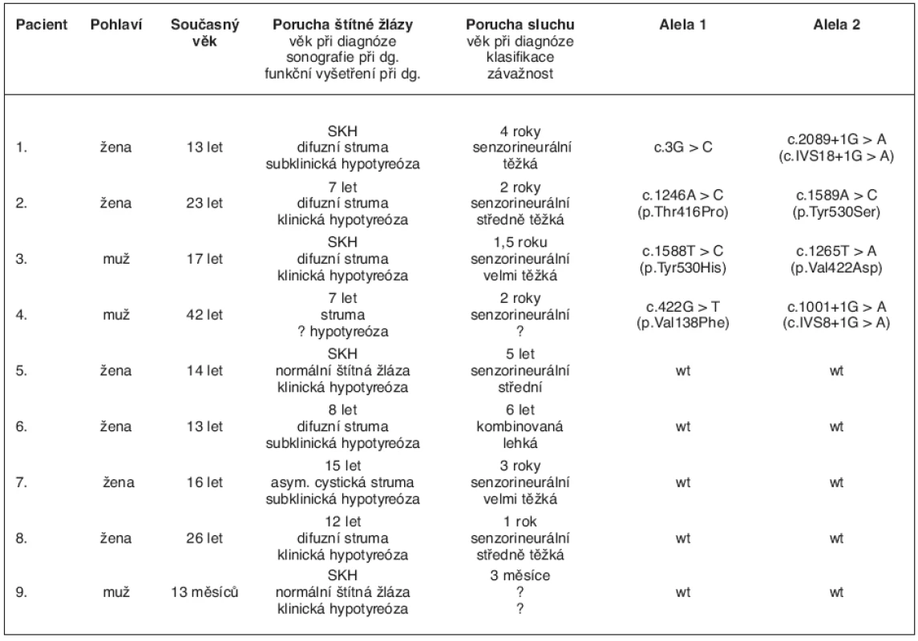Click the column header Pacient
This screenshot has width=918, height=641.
(x=42, y=25)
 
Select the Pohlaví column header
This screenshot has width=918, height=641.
(x=116, y=25)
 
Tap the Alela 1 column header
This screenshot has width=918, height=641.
(x=682, y=25)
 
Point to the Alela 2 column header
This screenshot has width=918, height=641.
(x=836, y=25)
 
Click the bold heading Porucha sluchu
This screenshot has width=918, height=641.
(x=520, y=25)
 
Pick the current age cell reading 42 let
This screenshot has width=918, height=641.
(x=204, y=315)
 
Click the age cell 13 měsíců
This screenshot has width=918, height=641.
(x=204, y=592)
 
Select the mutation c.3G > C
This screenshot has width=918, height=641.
(x=682, y=147)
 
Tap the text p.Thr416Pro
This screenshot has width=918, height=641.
(x=682, y=212)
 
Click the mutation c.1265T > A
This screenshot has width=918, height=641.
(x=836, y=251)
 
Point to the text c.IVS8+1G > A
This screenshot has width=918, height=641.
(x=836, y=323)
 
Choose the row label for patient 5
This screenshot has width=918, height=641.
(x=22, y=371)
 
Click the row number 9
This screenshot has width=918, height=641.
(x=22, y=592)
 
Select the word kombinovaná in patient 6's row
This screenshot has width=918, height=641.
(x=520, y=426)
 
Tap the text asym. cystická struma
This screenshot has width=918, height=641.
(x=342, y=482)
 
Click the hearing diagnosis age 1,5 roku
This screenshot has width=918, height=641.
(x=520, y=242)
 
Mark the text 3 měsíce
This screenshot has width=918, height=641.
(x=520, y=575)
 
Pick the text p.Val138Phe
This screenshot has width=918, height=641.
(x=682, y=323)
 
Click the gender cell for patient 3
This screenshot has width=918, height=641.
(x=116, y=259)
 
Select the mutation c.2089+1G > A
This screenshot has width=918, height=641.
(x=836, y=139)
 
